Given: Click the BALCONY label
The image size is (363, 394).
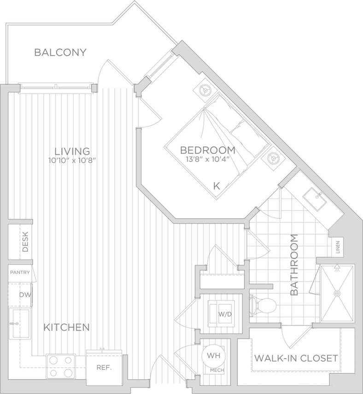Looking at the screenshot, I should coord(60,52).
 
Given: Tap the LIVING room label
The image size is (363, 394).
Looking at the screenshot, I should coord(72,151).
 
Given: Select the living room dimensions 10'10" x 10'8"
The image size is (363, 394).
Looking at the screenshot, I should coord(74,161).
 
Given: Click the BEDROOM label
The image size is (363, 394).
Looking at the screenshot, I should coord(207,150).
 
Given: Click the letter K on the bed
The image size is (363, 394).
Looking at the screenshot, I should coord(216,186).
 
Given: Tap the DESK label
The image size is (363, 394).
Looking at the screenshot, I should coord(25,244).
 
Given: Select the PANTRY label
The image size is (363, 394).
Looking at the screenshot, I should coord(20,272).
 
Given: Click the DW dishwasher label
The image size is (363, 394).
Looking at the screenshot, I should coord(24,295).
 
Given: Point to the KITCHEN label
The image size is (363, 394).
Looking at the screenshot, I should coord(66,328).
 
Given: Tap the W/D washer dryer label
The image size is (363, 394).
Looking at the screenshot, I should coord(225,314).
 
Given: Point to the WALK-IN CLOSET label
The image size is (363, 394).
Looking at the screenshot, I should coord(296,358).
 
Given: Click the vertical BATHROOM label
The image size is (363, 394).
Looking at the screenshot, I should coord(295,265).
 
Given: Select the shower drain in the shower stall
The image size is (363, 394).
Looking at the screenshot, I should coord(338,293).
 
